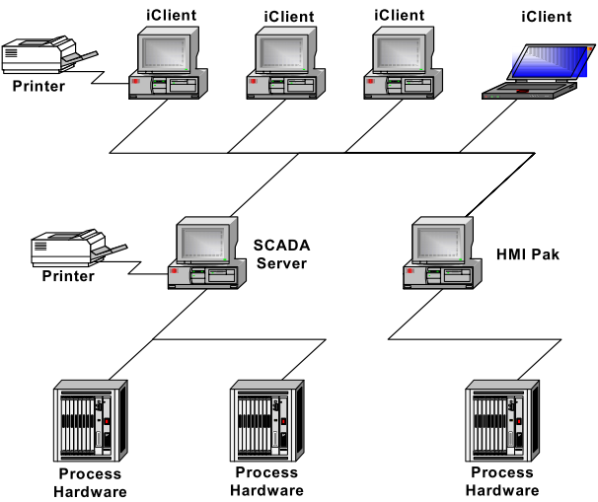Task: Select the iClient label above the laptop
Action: pyautogui.click(x=546, y=16)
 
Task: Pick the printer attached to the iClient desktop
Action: pyautogui.click(x=50, y=55)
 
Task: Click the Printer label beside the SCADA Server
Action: pyautogui.click(x=68, y=275)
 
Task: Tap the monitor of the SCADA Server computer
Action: pyautogui.click(x=205, y=243)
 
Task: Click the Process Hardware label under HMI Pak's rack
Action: pyautogui.click(x=502, y=481)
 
